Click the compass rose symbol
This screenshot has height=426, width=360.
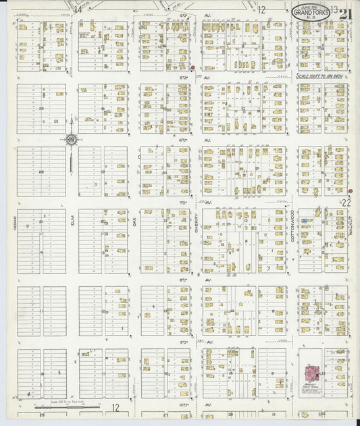pos(71,140)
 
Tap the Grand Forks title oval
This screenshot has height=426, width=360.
pos(312,11)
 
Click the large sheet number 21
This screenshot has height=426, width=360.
pos(346,14)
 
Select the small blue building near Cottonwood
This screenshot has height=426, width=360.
pos(305,221)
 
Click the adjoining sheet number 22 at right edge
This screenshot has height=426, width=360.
pos(347,202)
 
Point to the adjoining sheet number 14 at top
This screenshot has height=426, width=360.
pos(78,9)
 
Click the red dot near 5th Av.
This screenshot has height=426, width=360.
pos(192,68)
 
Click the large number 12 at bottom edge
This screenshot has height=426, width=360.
pos(116,408)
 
